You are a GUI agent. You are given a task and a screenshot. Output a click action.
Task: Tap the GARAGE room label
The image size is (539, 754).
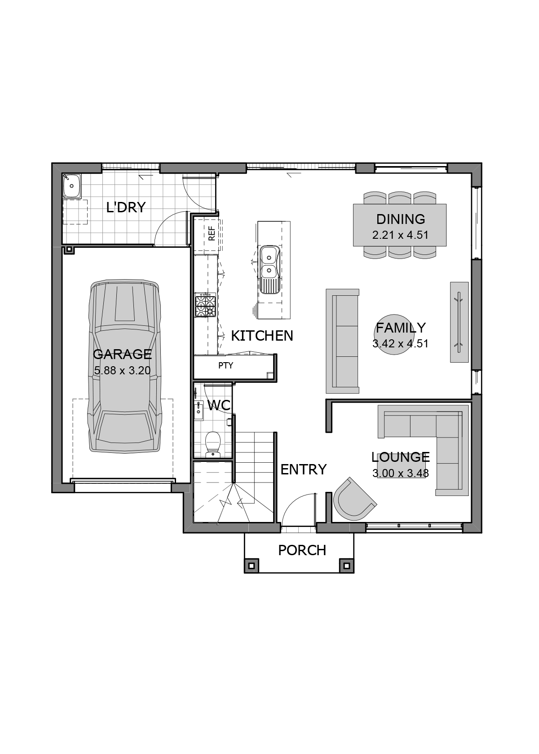coord(122,354)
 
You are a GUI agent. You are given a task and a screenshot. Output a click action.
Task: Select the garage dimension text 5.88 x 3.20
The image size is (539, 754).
coord(122,371)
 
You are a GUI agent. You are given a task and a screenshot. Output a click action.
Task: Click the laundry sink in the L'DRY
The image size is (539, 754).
coord(71,185)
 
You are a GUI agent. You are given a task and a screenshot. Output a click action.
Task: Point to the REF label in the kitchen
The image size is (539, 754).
coord(212,233)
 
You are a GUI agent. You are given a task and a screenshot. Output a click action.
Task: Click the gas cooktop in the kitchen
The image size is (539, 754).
coord(205,305)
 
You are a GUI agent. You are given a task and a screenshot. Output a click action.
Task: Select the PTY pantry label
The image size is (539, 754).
coord(225,365)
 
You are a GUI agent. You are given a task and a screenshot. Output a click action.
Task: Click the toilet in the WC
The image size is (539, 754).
coord(212,444)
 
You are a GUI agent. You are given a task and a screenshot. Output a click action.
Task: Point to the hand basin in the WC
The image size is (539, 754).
coord(199,411)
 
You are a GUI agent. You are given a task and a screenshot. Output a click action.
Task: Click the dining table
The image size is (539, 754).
coord(400,225)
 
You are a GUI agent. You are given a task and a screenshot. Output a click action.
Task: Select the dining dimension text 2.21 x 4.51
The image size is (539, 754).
coord(400,235)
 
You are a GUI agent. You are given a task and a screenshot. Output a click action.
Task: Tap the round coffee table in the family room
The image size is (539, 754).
coord(393,335)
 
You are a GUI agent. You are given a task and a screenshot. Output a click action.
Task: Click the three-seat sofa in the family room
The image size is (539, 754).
coord(342,341)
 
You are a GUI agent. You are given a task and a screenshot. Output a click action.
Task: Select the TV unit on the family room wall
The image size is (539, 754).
coord(459,322)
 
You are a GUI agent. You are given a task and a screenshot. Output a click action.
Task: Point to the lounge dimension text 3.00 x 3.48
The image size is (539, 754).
coord(400,473)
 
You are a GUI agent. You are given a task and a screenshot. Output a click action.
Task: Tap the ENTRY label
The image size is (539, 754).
coord(304,469)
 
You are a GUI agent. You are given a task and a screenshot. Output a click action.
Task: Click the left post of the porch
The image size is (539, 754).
coord(252,566)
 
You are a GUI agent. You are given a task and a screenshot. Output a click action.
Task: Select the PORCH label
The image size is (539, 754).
coord(302,550)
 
